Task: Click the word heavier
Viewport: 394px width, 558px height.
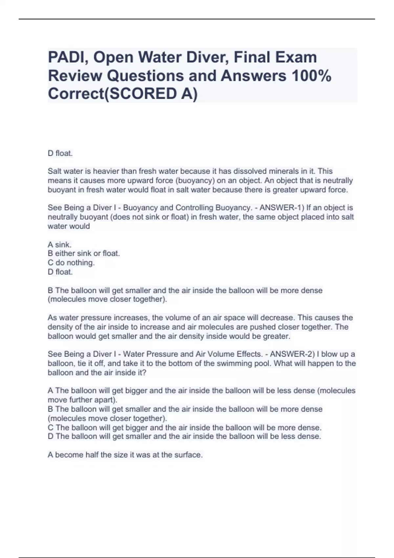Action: pyautogui.click(x=106, y=171)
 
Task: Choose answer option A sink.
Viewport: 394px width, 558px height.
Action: pyautogui.click(x=59, y=245)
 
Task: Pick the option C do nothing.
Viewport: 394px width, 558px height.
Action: pyautogui.click(x=71, y=263)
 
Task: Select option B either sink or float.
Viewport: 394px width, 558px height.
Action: pyautogui.click(x=84, y=253)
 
